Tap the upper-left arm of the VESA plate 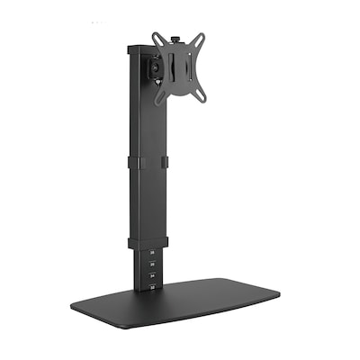pyautogui.click(x=157, y=40)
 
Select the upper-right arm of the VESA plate pyautogui.click(x=199, y=40)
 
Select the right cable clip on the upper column pyautogui.click(x=164, y=163)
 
